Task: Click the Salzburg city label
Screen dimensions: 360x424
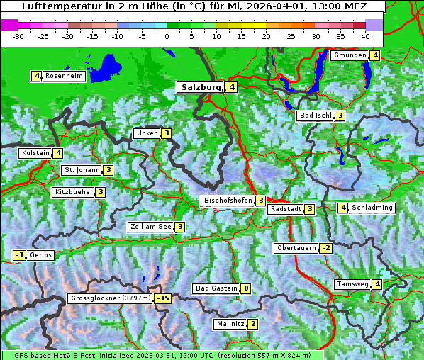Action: [x=201, y=87]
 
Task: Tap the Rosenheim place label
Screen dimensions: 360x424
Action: [x=64, y=76]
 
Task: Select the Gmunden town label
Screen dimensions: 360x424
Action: [x=350, y=55]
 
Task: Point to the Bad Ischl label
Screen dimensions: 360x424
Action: [x=316, y=116]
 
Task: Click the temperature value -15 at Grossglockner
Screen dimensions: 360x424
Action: [x=164, y=298]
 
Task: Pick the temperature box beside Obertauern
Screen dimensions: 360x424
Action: [x=325, y=248]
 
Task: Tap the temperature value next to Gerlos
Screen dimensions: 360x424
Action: [x=20, y=255]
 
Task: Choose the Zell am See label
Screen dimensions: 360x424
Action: [x=150, y=227]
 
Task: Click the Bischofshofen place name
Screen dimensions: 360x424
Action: [x=228, y=201]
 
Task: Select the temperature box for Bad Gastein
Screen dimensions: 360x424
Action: [x=245, y=288]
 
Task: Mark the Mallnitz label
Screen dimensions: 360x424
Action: [x=230, y=324]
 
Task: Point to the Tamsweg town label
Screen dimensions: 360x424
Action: [x=352, y=284]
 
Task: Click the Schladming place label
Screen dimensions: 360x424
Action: [x=372, y=208]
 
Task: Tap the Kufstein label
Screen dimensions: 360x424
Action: [x=35, y=152]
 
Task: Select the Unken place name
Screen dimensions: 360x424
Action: [x=147, y=133]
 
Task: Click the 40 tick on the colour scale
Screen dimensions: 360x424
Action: [x=365, y=35]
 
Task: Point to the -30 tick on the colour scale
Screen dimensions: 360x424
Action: [x=18, y=35]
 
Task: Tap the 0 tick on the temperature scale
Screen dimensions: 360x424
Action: [x=167, y=35]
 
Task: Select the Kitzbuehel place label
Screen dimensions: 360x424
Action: [x=73, y=192]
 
